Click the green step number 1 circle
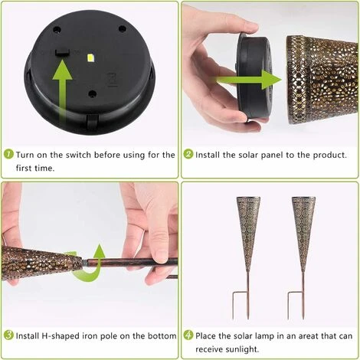[8, 154]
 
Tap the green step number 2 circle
[188, 154]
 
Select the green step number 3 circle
[8, 335]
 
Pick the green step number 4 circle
[188, 335]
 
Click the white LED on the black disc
[90, 57]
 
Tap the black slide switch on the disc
[63, 52]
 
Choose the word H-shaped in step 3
[60, 336]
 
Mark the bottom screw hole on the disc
[92, 93]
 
